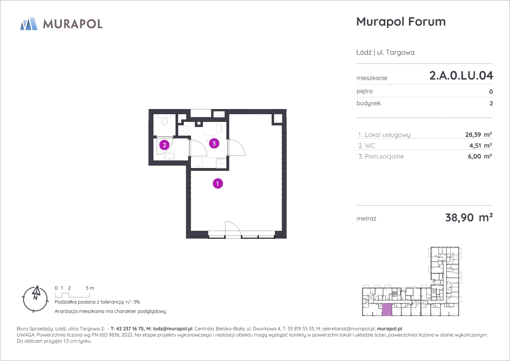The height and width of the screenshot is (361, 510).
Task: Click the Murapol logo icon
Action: (x=29, y=24)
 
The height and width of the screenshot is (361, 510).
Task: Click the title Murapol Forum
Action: (x=401, y=21)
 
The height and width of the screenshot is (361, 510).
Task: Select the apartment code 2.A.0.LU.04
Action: (x=461, y=76)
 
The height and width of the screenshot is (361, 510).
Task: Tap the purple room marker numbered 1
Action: (x=218, y=184)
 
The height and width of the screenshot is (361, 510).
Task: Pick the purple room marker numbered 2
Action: (x=164, y=145)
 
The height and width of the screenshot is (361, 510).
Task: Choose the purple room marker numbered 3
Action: (x=214, y=143)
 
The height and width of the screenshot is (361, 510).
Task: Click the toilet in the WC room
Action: (x=164, y=120)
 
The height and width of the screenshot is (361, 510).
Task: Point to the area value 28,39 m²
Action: (x=478, y=134)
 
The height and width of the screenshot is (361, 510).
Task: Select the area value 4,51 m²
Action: (x=480, y=146)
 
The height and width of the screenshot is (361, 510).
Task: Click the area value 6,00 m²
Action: (x=480, y=157)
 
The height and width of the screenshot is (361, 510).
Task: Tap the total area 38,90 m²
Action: (x=469, y=218)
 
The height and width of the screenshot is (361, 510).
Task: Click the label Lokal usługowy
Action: (x=387, y=135)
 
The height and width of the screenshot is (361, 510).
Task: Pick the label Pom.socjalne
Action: (x=384, y=157)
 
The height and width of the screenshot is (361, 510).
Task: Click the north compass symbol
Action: (x=35, y=299)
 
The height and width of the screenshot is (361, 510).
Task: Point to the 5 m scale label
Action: (x=90, y=288)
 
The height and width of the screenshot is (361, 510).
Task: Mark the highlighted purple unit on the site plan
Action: (x=387, y=309)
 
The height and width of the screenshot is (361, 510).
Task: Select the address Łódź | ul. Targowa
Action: (x=385, y=52)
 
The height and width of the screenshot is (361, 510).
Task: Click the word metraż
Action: (x=366, y=219)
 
